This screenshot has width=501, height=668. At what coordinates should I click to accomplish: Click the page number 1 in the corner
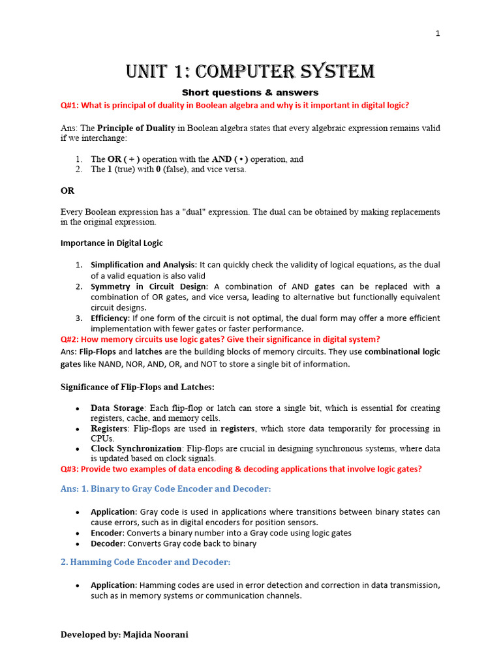[438, 35]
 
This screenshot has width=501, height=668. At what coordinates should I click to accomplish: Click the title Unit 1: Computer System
[250, 71]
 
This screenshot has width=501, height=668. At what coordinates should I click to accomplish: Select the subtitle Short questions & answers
[250, 93]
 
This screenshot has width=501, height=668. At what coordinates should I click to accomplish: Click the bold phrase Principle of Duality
[136, 128]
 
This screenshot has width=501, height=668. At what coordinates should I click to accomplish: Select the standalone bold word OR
[67, 190]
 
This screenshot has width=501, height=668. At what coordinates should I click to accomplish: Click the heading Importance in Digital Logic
[112, 243]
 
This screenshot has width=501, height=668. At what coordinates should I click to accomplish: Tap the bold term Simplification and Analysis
[143, 265]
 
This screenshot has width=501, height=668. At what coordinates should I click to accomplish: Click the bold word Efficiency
[110, 318]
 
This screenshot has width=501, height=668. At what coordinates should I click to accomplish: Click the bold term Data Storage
[117, 408]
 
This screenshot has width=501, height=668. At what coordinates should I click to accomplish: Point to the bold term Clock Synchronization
[136, 448]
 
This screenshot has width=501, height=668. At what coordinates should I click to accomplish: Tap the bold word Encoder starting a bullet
[107, 532]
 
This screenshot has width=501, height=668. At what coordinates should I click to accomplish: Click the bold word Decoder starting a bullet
[108, 543]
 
